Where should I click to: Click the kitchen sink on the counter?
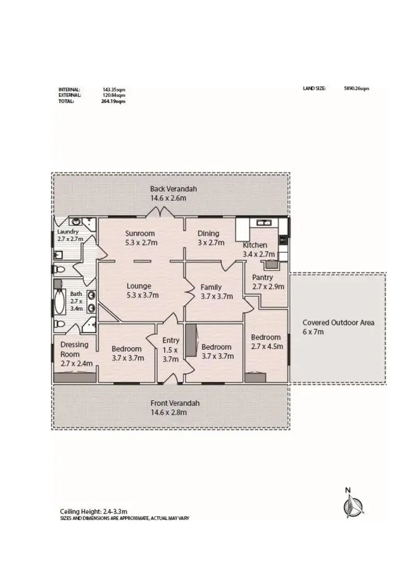[x=263, y=222]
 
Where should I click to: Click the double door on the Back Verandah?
[x=160, y=212]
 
